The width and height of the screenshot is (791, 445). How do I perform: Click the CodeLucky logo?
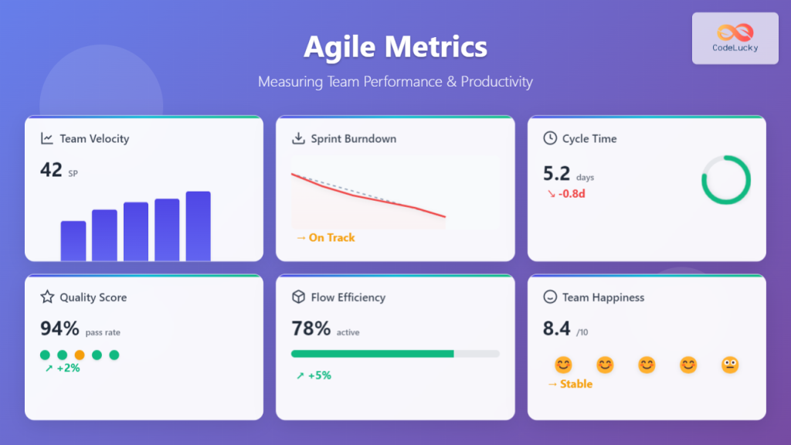point(735,38)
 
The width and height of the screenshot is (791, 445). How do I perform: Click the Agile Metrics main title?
point(395,47)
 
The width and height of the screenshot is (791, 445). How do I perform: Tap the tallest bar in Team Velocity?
point(198,226)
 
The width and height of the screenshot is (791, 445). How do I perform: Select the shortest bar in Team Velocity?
point(73,240)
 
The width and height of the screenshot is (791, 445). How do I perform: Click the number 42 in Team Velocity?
point(51,170)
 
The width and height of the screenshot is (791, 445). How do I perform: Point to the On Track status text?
point(325,237)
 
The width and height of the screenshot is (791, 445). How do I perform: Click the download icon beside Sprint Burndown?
point(298,139)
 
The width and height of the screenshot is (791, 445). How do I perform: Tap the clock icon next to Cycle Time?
point(550,139)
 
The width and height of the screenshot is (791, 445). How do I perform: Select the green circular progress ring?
point(725,181)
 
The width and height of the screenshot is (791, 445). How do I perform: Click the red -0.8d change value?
point(566,193)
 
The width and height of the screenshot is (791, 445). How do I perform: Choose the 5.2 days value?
point(556,174)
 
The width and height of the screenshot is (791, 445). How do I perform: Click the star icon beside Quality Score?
point(47,297)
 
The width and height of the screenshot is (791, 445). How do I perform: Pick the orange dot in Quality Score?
point(80,355)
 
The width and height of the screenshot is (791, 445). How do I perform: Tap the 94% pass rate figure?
point(60,329)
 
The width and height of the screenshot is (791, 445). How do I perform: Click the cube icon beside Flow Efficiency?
point(298,297)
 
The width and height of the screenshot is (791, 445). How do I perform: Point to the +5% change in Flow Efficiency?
point(314,375)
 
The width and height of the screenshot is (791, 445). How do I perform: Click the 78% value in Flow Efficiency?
point(311,329)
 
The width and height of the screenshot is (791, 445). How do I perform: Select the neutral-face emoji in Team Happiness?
point(730,365)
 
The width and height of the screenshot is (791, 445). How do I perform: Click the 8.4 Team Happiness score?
point(556,329)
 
